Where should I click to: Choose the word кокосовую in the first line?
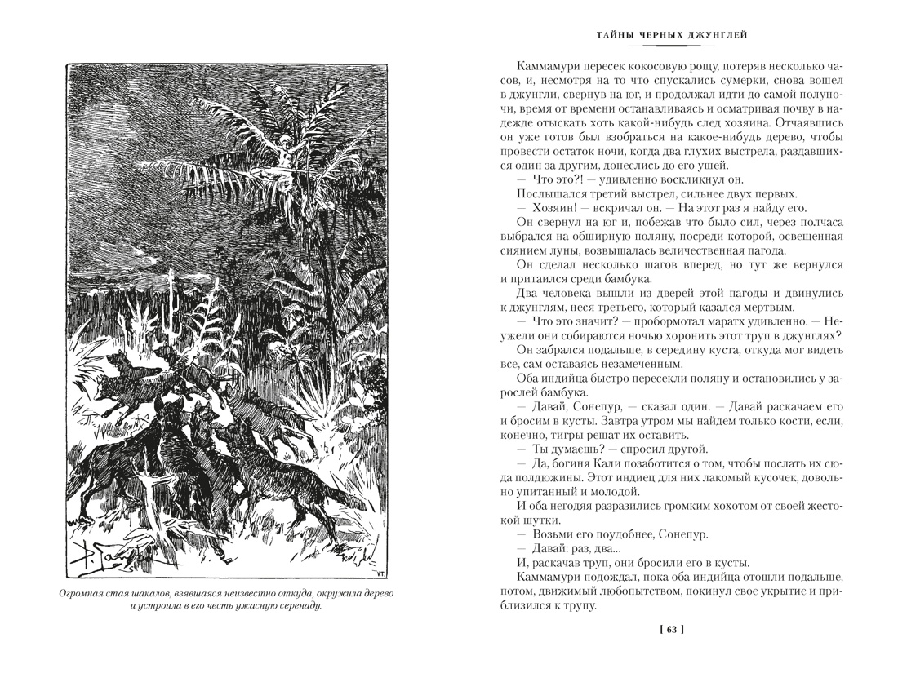(656, 67)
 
